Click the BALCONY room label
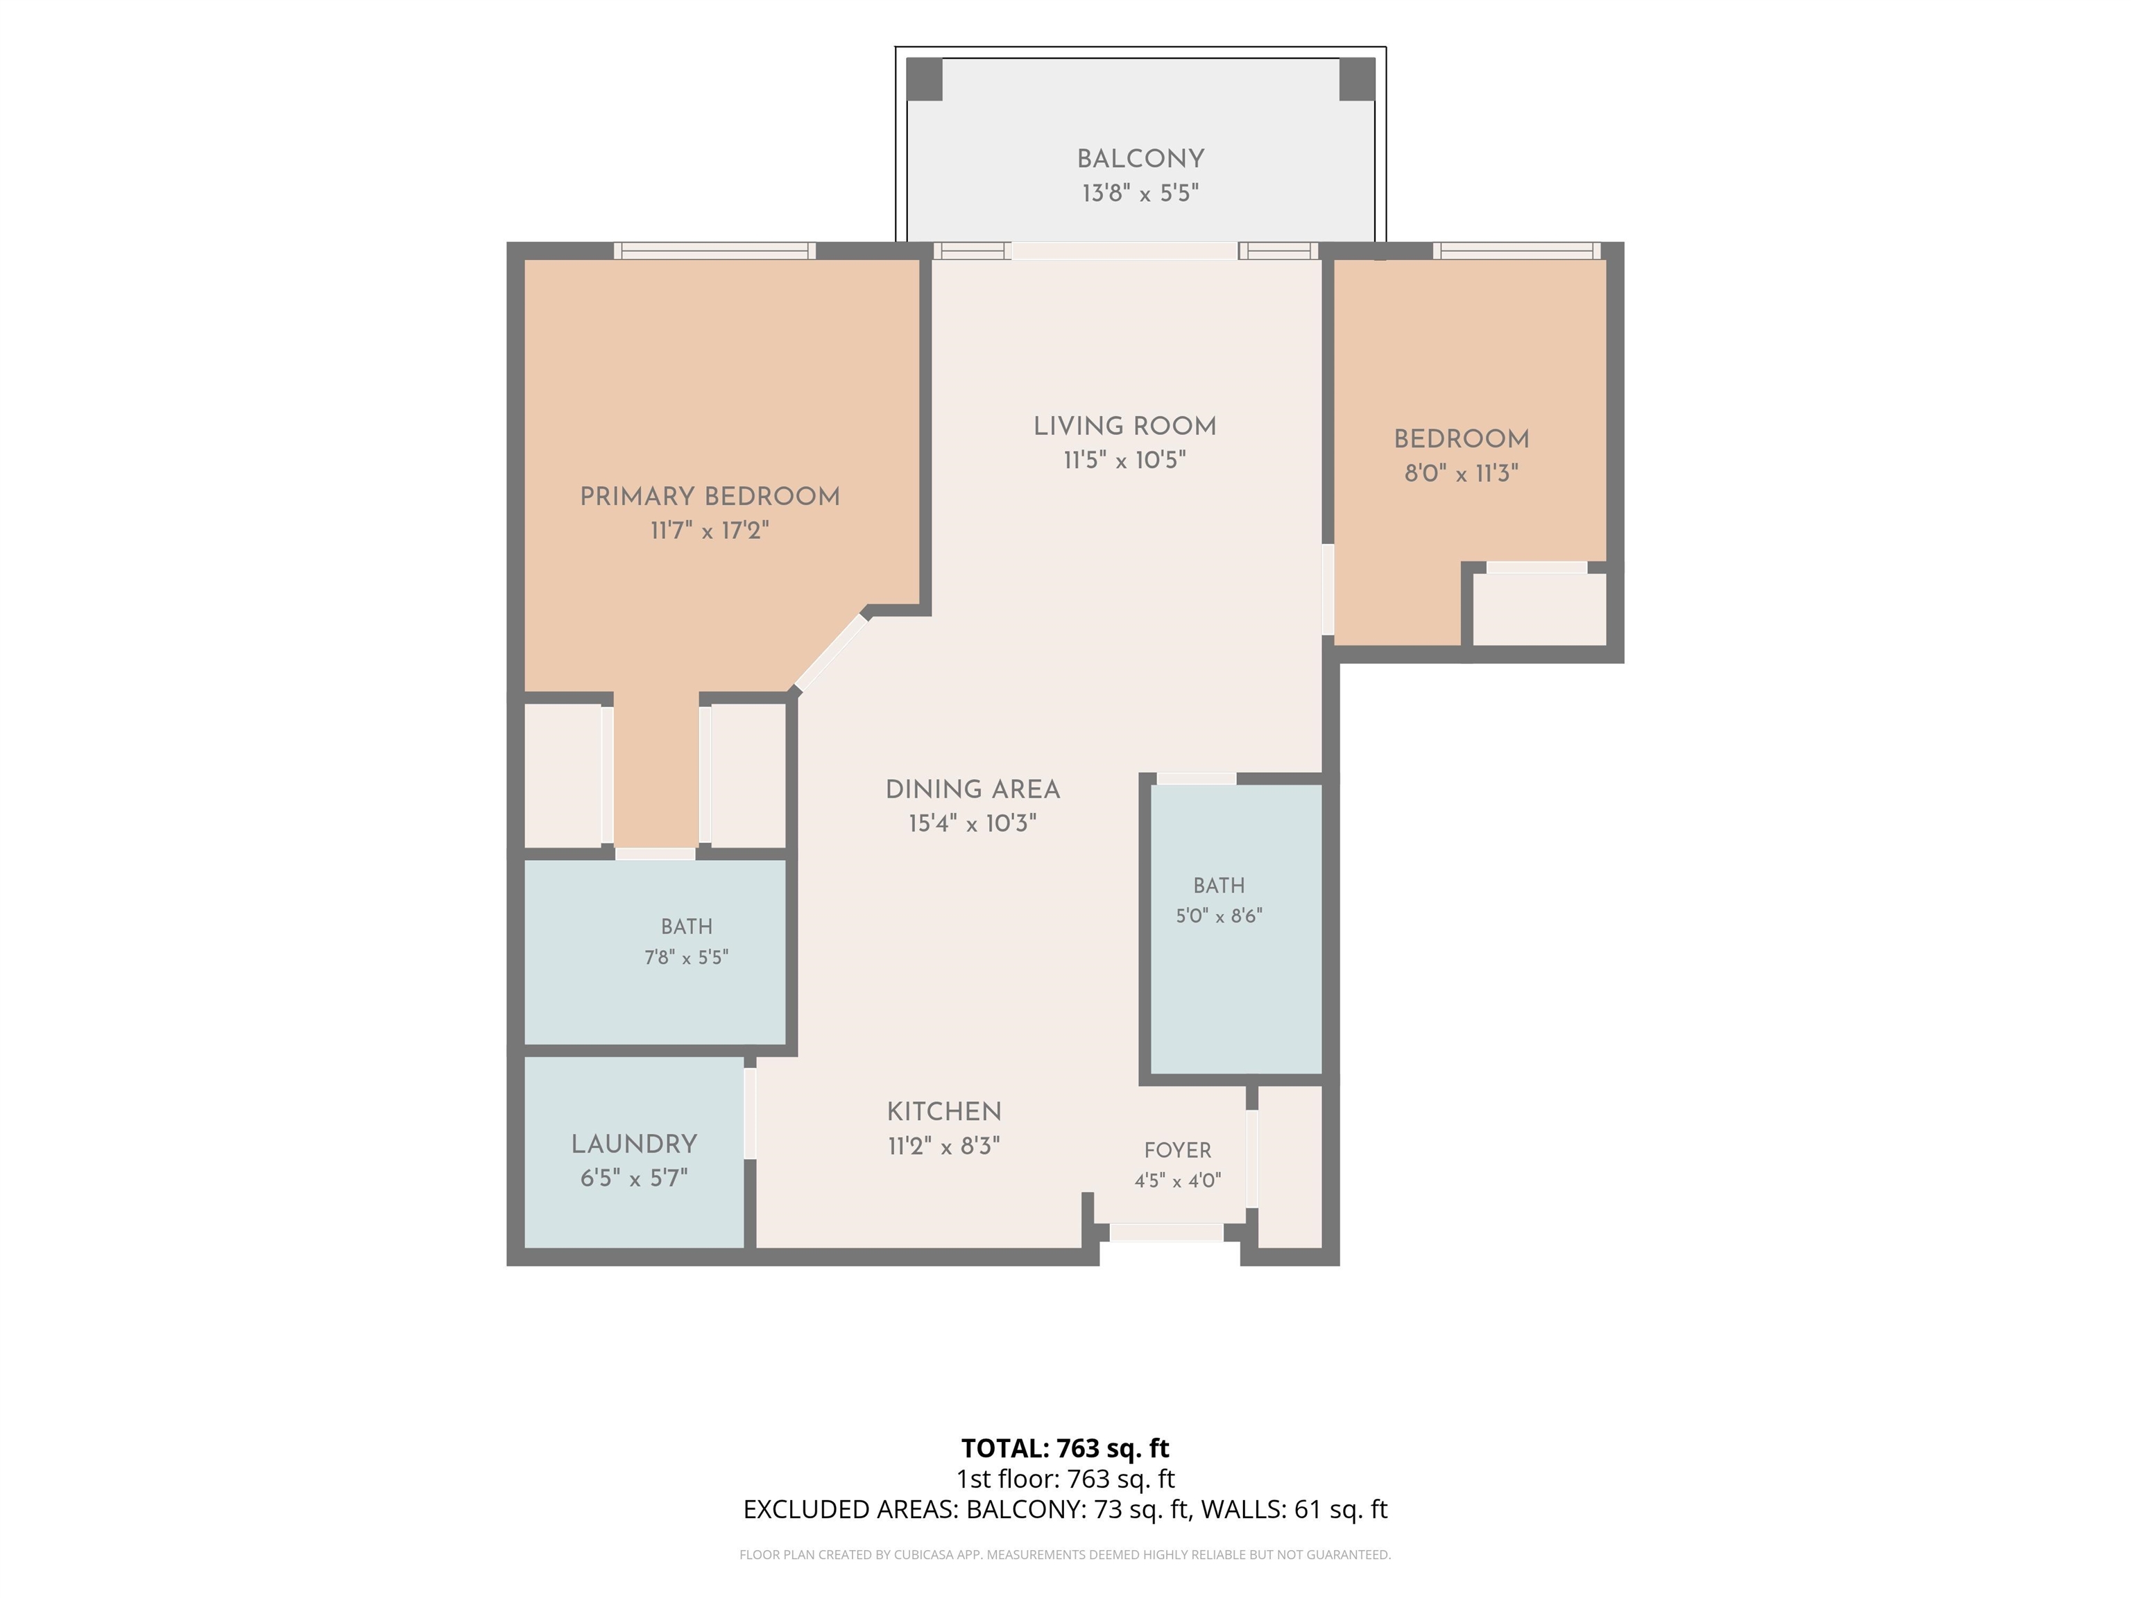1140,159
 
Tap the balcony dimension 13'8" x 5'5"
1140,194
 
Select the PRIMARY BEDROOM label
710,497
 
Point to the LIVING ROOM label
1125,427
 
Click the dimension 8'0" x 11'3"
1462,473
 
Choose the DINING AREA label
973,790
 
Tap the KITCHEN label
944,1112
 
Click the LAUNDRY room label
634,1144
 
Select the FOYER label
1177,1150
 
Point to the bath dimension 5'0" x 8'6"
1219,916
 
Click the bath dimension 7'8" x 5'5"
686,957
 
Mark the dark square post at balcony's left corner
925,79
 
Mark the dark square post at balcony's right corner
1358,79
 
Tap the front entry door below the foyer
1167,1232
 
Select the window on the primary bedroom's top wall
714,250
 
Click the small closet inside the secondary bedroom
1539,609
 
